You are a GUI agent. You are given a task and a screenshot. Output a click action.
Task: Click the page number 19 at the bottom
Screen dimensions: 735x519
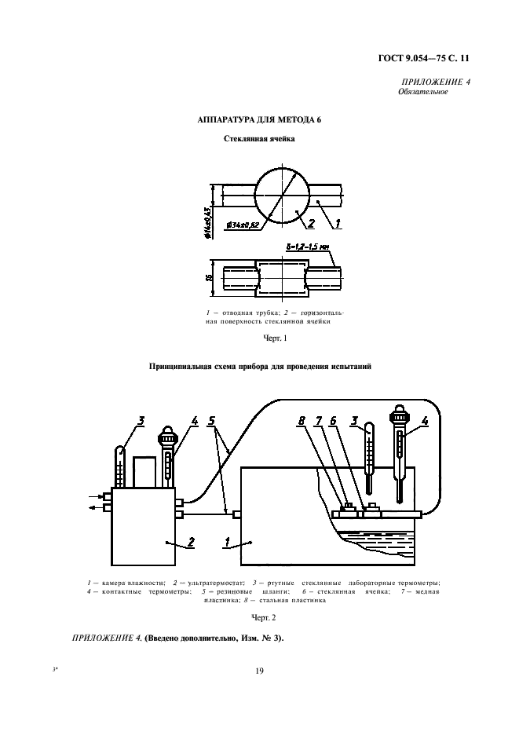258,671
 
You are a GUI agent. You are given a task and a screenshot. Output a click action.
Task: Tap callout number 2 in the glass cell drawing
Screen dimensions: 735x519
312,223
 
